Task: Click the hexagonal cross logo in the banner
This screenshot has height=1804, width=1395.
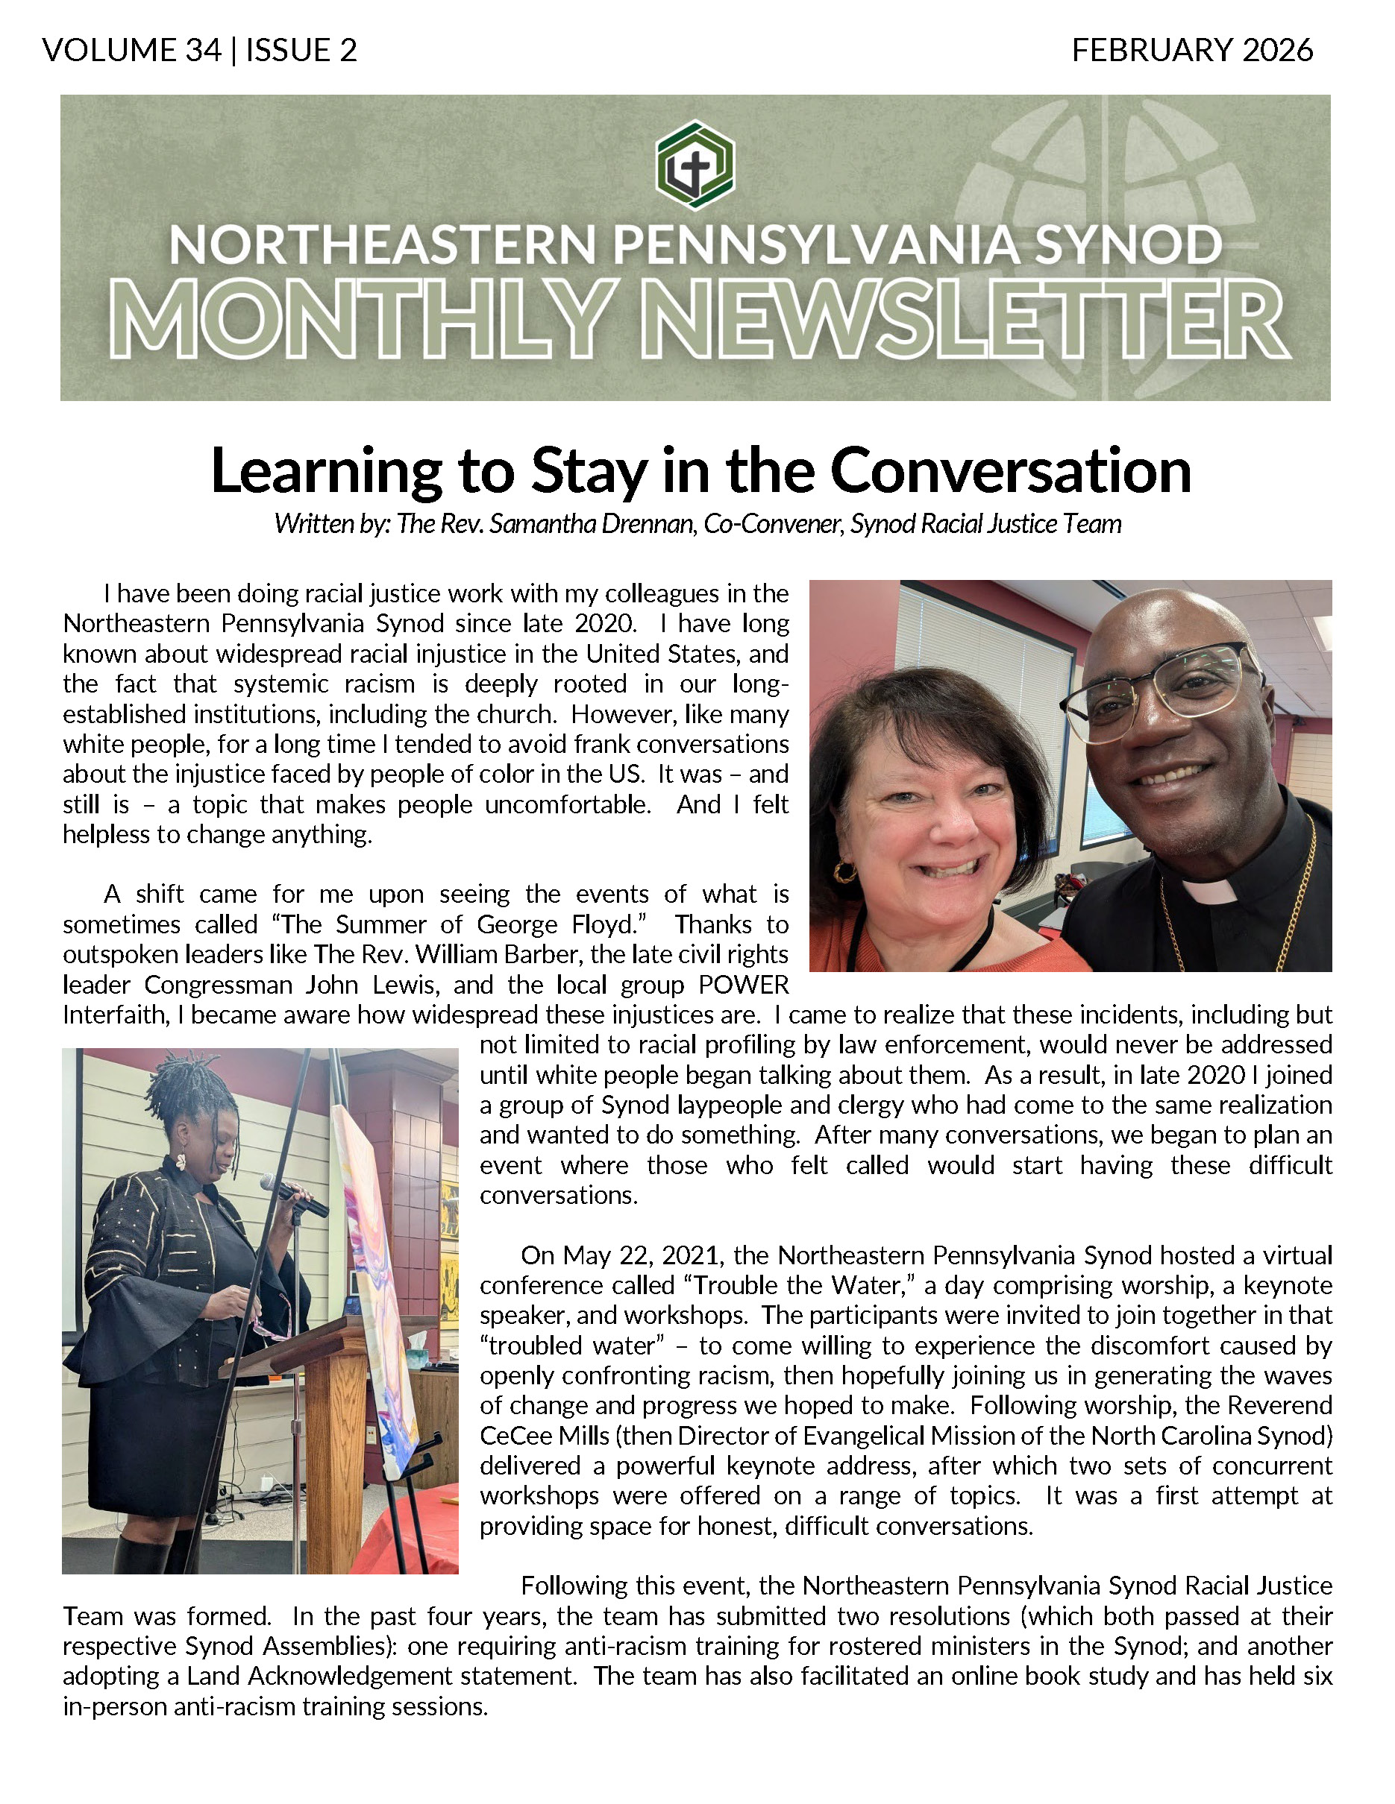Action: (695, 165)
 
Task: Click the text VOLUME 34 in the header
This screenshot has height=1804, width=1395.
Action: (132, 51)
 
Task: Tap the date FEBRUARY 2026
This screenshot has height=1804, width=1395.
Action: (1191, 51)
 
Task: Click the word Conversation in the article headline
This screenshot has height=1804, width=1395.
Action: (1010, 471)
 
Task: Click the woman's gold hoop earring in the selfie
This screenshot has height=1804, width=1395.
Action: (845, 871)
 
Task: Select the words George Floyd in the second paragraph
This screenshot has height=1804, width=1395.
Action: (561, 924)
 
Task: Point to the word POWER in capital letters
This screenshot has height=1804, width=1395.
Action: (743, 985)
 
